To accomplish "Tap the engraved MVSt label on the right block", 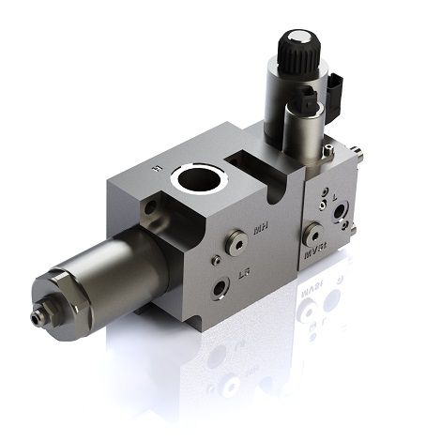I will click(315, 251).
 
